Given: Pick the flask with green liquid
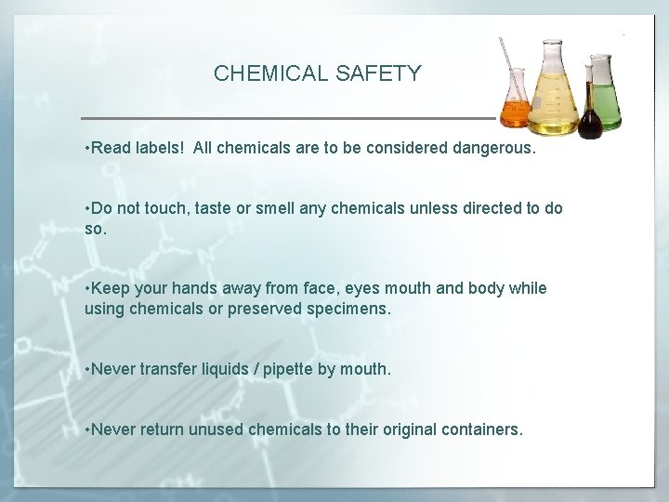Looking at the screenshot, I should (606, 98).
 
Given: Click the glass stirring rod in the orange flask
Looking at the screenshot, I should (510, 70).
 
